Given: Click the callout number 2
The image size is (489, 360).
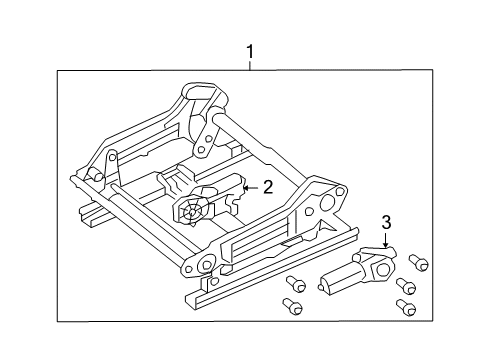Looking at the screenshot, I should click(267, 186).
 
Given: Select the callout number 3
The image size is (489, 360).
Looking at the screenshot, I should click(387, 222).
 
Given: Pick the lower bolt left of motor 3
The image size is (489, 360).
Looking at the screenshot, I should click(291, 303).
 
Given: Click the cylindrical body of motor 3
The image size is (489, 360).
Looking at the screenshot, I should click(340, 280).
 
